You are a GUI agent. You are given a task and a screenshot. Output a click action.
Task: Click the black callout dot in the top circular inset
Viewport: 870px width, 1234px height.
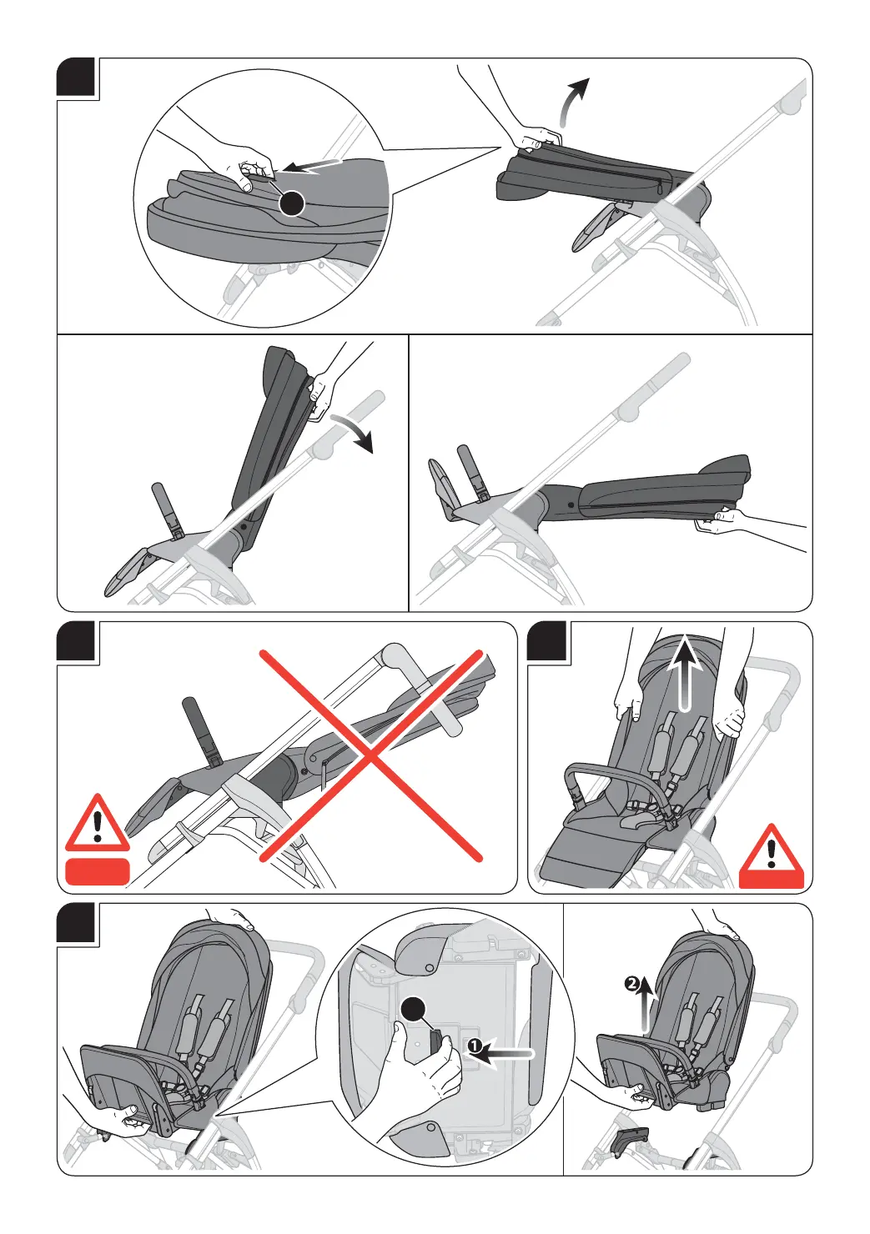291,203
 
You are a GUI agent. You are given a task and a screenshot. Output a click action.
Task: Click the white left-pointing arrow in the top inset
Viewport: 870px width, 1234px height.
312,166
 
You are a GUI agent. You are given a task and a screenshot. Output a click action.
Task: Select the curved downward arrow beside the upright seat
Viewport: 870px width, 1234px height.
353,431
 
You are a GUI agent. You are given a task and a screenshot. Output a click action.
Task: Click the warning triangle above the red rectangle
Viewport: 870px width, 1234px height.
98,823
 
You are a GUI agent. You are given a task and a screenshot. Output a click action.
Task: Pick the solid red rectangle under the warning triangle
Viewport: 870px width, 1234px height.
98,871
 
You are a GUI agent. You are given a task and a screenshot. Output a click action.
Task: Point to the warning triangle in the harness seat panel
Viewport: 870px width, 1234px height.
772,856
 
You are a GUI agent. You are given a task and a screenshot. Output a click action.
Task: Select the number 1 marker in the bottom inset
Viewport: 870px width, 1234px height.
473,1046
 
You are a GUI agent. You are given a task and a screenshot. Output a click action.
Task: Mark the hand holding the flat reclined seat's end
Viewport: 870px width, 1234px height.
717,522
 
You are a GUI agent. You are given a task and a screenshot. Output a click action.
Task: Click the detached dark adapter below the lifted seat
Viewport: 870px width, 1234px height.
631,1140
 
